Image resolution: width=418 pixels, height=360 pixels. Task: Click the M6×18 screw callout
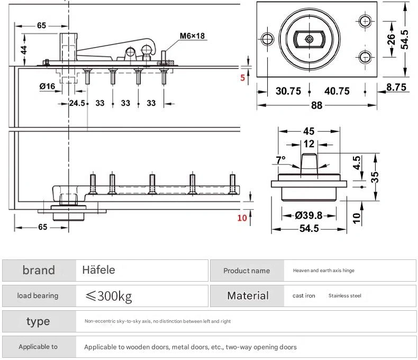pyautogui.click(x=193, y=36)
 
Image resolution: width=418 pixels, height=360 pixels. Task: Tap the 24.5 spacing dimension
pyautogui.click(x=77, y=103)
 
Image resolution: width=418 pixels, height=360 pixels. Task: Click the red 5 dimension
pyautogui.click(x=243, y=78)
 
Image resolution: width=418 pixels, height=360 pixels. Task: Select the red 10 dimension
pyautogui.click(x=242, y=217)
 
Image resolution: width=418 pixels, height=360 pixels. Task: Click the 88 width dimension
pyautogui.click(x=316, y=105)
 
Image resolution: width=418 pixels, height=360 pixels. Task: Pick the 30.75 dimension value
pyautogui.click(x=288, y=91)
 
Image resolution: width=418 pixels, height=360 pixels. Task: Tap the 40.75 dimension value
pyautogui.click(x=337, y=91)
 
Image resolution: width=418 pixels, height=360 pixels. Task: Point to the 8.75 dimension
pyautogui.click(x=396, y=87)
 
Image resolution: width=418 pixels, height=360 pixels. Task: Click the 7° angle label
pyautogui.click(x=280, y=159)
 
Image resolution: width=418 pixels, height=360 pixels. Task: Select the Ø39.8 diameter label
pyautogui.click(x=309, y=215)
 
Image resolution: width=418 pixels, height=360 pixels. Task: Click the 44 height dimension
pyautogui.click(x=24, y=50)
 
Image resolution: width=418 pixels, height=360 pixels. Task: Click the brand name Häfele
pyautogui.click(x=99, y=270)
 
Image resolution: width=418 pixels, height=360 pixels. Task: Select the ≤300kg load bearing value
pyautogui.click(x=108, y=296)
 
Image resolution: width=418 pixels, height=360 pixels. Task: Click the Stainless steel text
pyautogui.click(x=344, y=296)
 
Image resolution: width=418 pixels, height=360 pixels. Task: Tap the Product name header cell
pyautogui.click(x=247, y=271)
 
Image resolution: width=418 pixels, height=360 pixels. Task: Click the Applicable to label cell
pyautogui.click(x=38, y=347)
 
